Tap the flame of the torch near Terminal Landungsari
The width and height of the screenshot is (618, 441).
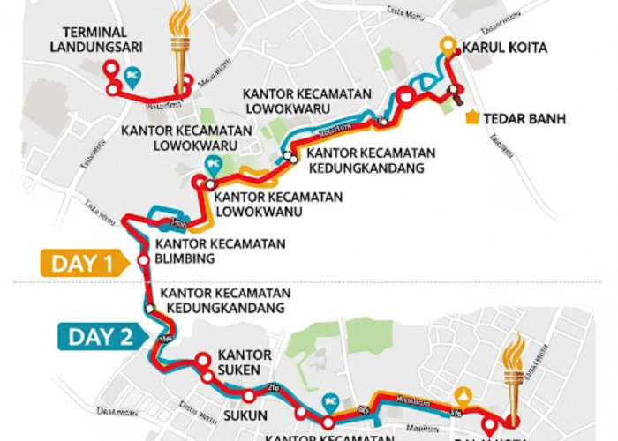tap(181, 19)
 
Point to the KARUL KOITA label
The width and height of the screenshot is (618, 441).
tap(504, 47)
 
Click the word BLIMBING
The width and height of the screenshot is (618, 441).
tap(185, 258)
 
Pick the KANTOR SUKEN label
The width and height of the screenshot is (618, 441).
tap(244, 362)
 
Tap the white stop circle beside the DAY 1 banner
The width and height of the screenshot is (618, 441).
tap(143, 261)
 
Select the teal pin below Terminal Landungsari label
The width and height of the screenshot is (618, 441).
tap(132, 74)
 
